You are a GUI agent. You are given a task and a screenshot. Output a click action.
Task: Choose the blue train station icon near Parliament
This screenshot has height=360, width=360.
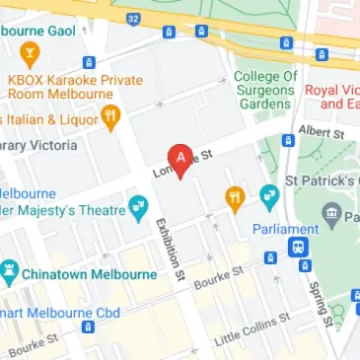pos(297,249)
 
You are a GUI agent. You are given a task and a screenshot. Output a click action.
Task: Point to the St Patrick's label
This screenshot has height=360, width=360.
pos(322,182)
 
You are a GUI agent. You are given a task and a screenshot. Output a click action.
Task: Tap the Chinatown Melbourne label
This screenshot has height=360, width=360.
pos(90,272)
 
